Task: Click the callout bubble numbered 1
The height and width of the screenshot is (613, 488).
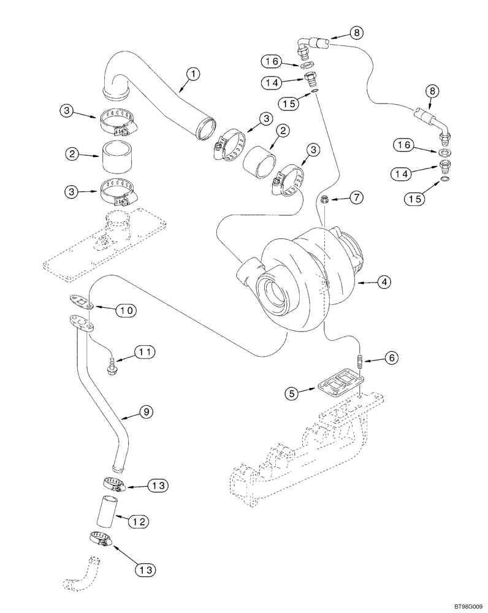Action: coord(193,74)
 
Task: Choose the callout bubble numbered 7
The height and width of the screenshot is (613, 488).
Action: coord(356,197)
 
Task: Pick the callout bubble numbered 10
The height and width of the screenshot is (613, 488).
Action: coord(126,310)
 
